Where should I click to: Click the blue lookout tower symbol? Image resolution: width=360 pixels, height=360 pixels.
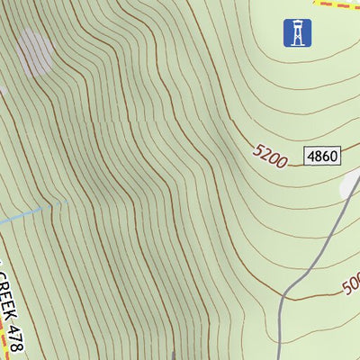tap(293, 33)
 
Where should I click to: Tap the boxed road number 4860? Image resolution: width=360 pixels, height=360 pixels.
tap(321, 157)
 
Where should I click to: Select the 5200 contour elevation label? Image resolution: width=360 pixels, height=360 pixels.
tap(271, 158)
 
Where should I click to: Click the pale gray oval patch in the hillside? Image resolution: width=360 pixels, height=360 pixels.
tap(34, 51)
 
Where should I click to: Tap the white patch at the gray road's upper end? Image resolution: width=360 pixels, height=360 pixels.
tap(350, 184)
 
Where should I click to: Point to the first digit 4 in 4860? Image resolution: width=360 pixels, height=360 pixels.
tap(311, 157)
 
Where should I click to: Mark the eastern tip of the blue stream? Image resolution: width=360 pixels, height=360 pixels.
tap(43, 210)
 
